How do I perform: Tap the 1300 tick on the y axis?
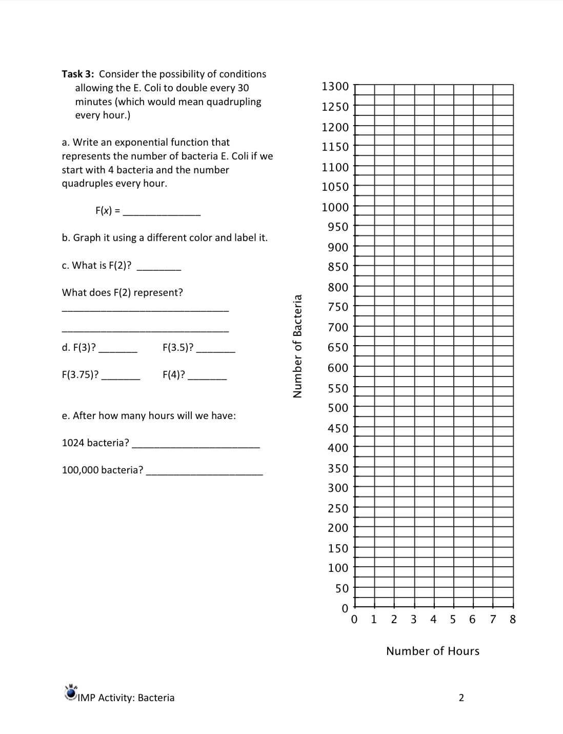[x=335, y=86]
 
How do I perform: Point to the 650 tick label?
[x=338, y=347]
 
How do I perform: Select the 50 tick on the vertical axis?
[x=342, y=588]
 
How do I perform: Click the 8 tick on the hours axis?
[x=513, y=619]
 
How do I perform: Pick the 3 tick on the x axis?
[x=414, y=619]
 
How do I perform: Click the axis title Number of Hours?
[x=433, y=651]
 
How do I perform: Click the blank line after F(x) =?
[x=162, y=212]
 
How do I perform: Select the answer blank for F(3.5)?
[x=216, y=349]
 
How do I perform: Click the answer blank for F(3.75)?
[x=120, y=376]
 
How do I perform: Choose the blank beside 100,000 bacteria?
[x=205, y=472]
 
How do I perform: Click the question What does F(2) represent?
[x=123, y=292]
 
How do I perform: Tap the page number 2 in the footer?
[x=461, y=698]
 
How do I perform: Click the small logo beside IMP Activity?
[x=70, y=692]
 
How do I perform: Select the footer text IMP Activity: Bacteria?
[x=126, y=698]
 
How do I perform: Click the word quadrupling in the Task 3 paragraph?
[x=233, y=102]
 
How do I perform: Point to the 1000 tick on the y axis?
[x=335, y=207]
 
